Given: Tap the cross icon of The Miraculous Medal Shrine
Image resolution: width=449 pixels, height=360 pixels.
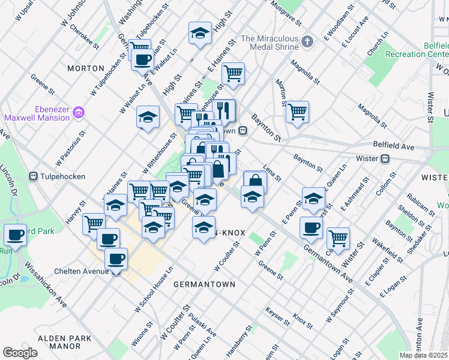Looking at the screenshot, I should click(307, 41).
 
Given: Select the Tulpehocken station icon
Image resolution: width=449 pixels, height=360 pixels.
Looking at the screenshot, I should click(32, 176).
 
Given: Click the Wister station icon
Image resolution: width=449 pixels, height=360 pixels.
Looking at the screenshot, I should click(385, 159).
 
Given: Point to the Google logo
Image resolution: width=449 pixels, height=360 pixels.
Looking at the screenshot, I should click(20, 353).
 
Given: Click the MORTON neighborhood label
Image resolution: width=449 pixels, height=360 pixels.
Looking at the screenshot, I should click(86, 68).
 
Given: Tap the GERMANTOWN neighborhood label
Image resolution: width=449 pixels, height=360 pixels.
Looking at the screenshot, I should click(204, 283).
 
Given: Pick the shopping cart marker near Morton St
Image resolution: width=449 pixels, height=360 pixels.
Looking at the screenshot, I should click(297, 112).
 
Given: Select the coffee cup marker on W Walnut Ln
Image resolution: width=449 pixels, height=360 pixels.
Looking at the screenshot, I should click(143, 59).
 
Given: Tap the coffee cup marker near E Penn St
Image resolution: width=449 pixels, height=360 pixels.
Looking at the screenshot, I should click(311, 227).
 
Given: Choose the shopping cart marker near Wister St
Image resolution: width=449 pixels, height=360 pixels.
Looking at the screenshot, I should click(339, 238).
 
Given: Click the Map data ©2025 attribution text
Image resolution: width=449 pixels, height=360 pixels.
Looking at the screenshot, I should click(424, 355).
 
